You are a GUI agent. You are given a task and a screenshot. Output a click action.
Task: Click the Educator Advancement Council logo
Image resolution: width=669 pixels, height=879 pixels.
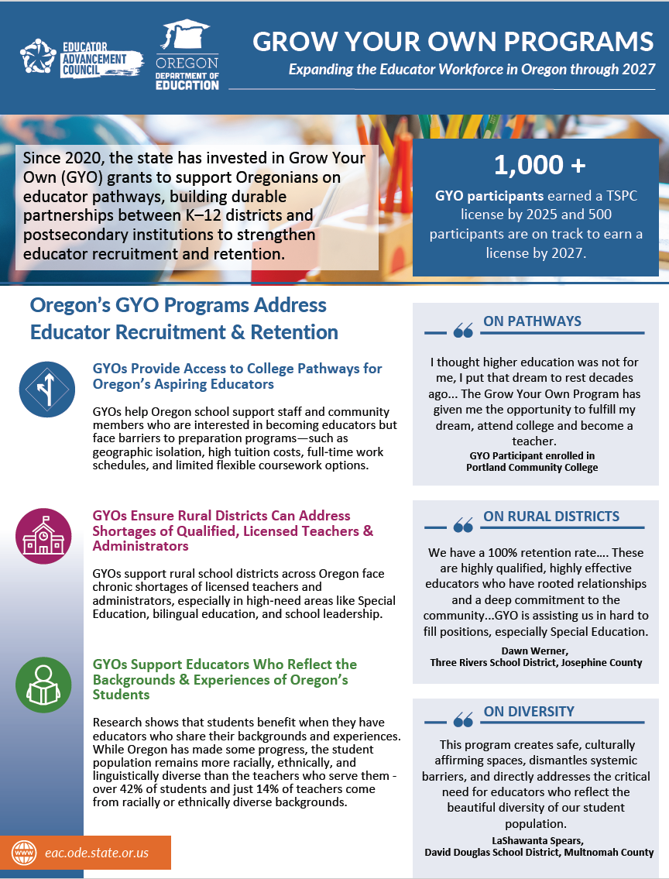tap(81, 57)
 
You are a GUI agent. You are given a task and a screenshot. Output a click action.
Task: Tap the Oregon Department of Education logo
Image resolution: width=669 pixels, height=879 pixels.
tap(187, 56)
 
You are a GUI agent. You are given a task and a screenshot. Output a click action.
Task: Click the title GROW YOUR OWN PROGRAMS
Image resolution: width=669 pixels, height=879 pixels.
tap(453, 41)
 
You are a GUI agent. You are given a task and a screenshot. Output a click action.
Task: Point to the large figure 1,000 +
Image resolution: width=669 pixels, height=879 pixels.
tap(540, 165)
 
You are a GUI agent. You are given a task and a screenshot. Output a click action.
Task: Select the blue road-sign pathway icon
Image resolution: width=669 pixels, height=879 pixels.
tap(46, 390)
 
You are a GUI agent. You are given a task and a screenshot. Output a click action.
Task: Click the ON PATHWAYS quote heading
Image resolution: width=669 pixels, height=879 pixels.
tap(531, 321)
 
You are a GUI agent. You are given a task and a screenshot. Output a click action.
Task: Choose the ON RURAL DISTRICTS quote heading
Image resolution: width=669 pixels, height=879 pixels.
tap(551, 517)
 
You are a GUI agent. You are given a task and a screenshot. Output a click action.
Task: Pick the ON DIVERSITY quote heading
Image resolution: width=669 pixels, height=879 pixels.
tap(529, 712)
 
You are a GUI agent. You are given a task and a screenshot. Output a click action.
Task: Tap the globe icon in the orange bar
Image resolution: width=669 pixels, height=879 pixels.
tap(25, 853)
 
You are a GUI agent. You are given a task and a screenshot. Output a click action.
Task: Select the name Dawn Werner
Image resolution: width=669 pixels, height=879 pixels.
tap(535, 651)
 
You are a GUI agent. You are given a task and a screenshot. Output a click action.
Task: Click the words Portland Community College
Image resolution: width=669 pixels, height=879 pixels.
tap(531, 467)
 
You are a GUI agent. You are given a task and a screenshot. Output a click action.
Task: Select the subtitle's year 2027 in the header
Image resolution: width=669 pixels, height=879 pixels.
tap(638, 69)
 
